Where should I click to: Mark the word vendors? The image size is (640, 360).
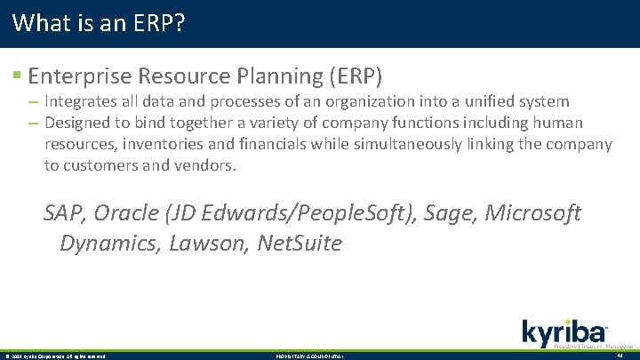point(207,164)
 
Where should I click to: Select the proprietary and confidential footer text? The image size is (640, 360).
point(308,356)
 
